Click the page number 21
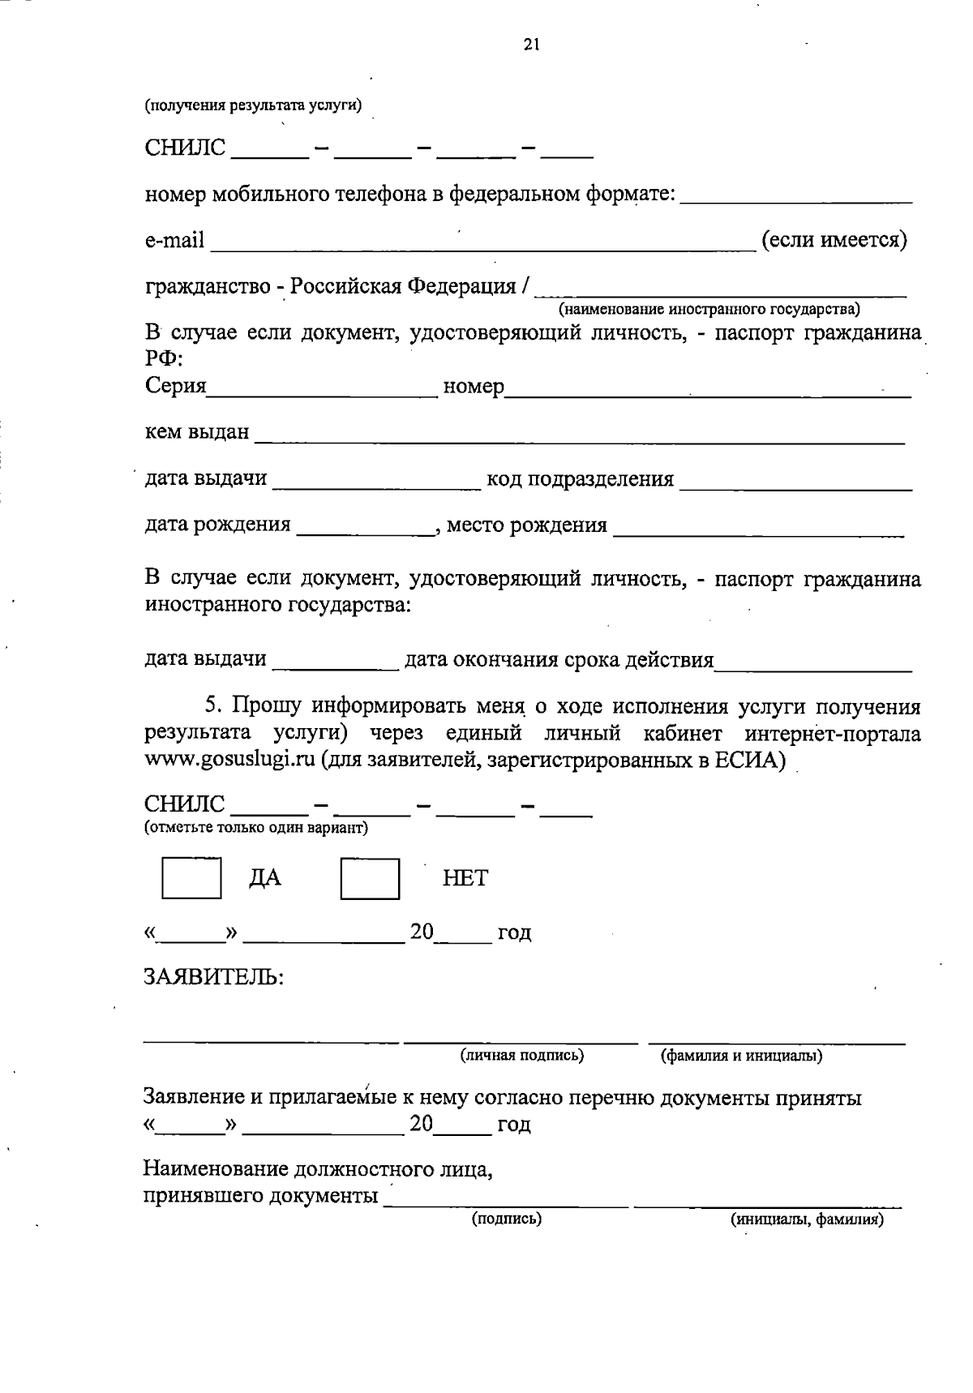[x=531, y=45]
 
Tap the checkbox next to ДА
[x=191, y=878]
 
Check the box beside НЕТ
[x=370, y=879]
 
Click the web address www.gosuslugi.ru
[x=229, y=762]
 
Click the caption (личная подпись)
[x=522, y=1056]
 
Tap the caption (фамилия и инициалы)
[x=741, y=1056]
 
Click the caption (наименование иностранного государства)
[x=709, y=310]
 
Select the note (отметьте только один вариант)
[x=256, y=828]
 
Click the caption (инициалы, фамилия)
[x=806, y=1219]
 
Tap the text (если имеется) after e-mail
[x=834, y=241]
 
